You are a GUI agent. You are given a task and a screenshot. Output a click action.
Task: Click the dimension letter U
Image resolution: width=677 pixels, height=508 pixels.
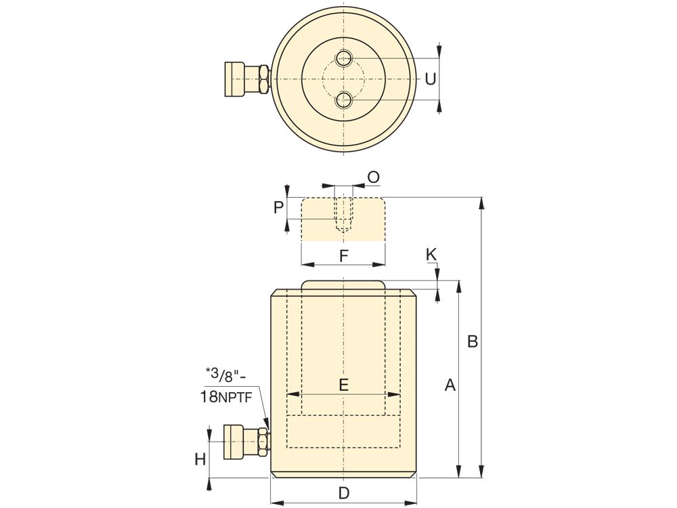(430, 79)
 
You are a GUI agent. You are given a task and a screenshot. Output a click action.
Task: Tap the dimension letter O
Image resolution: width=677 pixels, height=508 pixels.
(373, 177)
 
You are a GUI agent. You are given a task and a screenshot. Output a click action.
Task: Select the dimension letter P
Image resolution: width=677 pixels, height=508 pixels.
(279, 208)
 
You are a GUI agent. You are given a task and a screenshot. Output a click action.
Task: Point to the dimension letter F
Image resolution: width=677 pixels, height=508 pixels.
(343, 256)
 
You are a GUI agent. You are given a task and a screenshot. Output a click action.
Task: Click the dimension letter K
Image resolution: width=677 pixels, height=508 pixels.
(431, 255)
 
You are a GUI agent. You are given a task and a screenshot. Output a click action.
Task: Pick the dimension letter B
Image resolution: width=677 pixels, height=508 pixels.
(473, 341)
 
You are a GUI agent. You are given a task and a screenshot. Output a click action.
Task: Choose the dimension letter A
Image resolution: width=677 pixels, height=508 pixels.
(450, 385)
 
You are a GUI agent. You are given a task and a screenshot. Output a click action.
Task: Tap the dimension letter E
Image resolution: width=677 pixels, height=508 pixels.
(343, 384)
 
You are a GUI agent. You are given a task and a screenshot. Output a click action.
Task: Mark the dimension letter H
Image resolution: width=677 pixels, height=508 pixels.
(200, 460)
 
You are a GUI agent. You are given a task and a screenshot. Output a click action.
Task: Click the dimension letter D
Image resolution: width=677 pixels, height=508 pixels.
(343, 493)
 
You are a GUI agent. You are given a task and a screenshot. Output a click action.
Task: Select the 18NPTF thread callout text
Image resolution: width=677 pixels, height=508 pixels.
(226, 396)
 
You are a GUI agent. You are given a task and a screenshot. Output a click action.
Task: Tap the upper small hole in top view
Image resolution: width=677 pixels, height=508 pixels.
(344, 58)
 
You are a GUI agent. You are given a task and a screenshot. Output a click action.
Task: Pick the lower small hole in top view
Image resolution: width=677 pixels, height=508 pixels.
(344, 100)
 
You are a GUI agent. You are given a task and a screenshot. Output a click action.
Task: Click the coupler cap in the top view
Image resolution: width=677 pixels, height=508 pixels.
(234, 79)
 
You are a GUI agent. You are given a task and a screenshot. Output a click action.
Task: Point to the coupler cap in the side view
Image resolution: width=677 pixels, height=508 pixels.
(234, 442)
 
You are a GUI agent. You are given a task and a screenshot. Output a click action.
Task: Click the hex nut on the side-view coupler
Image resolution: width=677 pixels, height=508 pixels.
(263, 442)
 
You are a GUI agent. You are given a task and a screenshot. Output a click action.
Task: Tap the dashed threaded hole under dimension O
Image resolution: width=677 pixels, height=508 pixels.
(344, 215)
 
